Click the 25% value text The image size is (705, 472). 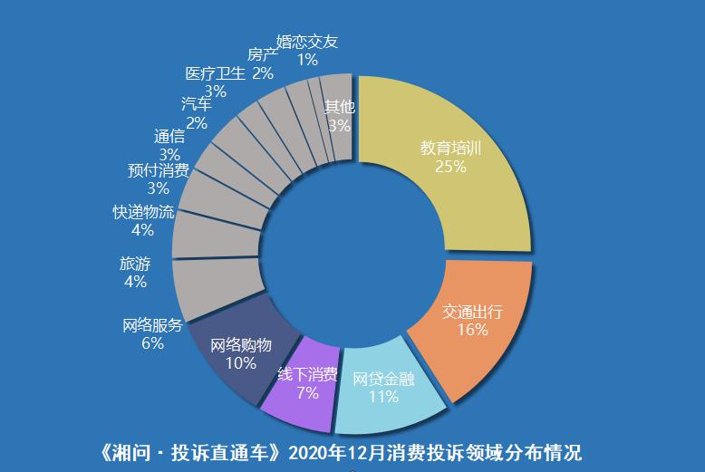coord(450,167)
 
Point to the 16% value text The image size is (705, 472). coord(472,330)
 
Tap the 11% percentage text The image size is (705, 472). coord(383,396)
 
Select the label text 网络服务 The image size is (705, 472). coord(152,326)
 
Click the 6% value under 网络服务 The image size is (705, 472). coord(152,343)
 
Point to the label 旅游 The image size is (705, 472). coord(135,264)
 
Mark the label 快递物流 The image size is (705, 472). coord(143,212)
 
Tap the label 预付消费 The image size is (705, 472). coord(159,170)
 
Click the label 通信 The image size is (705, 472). coord(169,137)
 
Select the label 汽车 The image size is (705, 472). coord(197,104)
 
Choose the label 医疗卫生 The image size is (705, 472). coord(215,73)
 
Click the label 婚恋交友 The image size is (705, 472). coord(307,42)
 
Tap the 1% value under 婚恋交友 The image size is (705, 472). coord(307,60)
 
